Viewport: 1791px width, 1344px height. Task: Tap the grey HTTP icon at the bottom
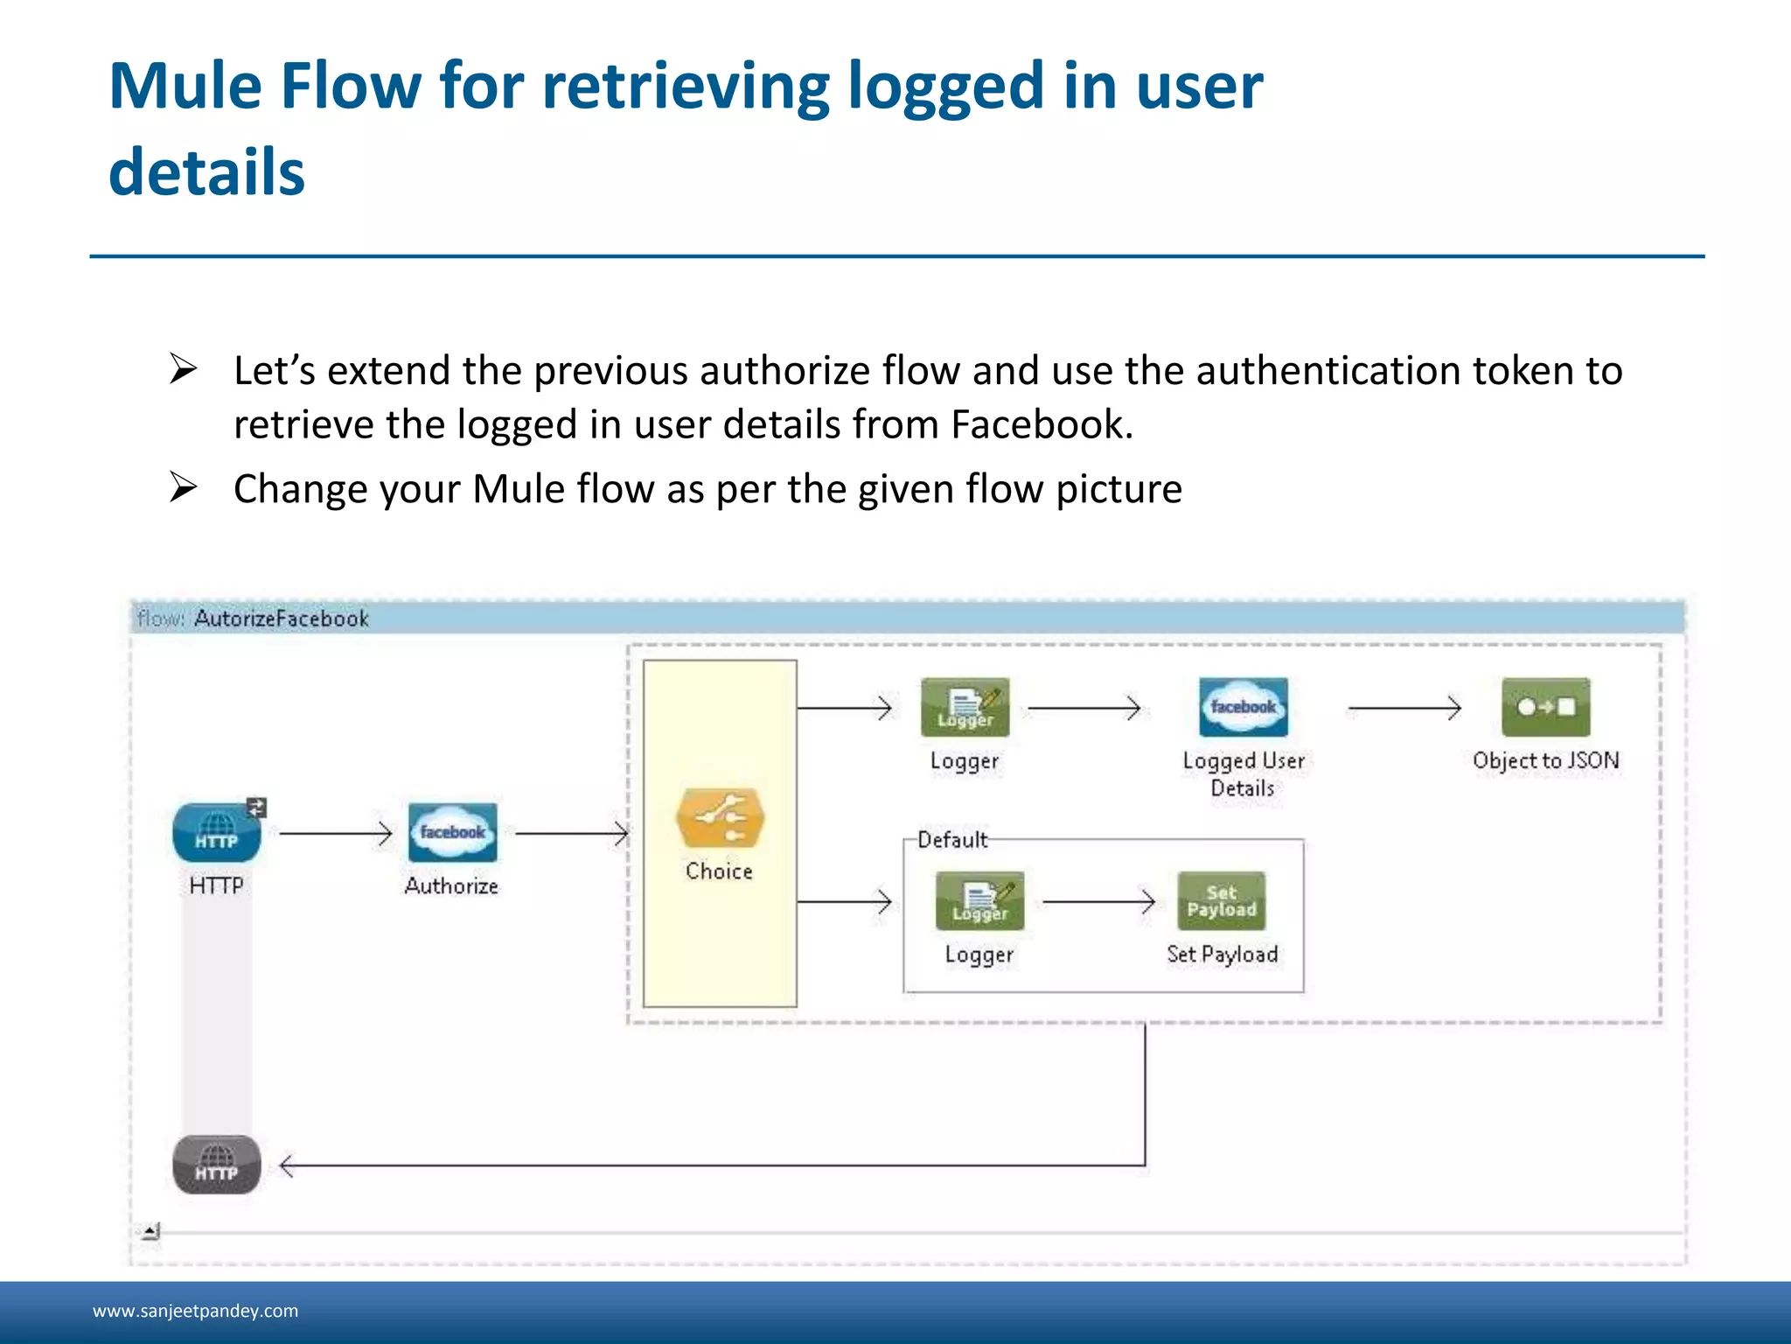(x=217, y=1165)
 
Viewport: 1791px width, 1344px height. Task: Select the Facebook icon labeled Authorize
(x=452, y=832)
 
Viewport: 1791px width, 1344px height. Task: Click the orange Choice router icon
(x=720, y=818)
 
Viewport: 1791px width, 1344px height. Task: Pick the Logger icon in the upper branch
(x=965, y=707)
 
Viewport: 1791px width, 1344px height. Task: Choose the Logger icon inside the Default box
(x=979, y=900)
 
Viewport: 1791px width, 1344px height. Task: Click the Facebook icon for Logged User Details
(x=1243, y=707)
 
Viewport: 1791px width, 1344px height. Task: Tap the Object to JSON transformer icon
(x=1545, y=707)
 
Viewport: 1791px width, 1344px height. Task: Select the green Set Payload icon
(x=1222, y=900)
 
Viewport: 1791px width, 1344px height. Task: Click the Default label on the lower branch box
(x=951, y=840)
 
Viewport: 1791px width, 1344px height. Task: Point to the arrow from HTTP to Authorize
(x=335, y=833)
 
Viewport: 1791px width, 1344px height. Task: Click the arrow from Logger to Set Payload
(x=1098, y=901)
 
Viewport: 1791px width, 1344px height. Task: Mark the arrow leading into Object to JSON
(x=1404, y=708)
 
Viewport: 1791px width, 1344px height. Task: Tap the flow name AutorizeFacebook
(x=282, y=619)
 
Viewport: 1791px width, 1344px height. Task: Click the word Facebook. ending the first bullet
(x=1042, y=424)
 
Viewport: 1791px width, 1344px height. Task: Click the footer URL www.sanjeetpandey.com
(x=195, y=1311)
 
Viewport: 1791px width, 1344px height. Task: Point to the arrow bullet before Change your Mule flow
(x=183, y=487)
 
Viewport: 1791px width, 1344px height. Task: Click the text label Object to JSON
(x=1545, y=760)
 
